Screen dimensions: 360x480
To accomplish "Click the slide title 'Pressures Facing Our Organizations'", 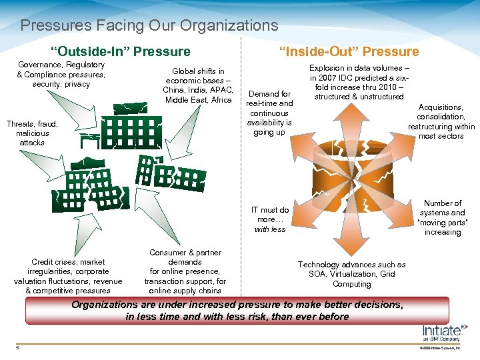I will tap(149, 26).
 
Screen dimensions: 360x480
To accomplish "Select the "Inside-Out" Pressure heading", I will tap(349, 51).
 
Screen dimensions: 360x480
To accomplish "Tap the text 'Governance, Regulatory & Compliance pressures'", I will tap(61, 74).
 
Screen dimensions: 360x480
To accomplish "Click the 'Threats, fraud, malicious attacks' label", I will tap(32, 133).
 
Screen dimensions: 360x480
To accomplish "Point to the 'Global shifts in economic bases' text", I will tap(198, 85).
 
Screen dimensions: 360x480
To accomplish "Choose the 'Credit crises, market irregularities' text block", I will tap(68, 276).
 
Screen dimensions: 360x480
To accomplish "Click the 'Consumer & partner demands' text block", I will tap(185, 271).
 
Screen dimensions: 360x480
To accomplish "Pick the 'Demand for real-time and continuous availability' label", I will tap(269, 113).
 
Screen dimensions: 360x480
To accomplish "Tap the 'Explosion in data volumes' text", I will tap(359, 82).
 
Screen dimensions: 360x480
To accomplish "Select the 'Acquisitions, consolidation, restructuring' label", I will tap(441, 121).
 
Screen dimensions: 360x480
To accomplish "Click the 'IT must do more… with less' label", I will tap(270, 219).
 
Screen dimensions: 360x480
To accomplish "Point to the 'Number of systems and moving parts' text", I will tap(443, 217).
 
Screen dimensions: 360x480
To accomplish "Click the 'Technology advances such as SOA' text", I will tap(351, 274).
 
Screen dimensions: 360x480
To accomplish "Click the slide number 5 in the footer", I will tap(18, 346).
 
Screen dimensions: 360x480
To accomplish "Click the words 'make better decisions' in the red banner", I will tap(352, 305).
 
